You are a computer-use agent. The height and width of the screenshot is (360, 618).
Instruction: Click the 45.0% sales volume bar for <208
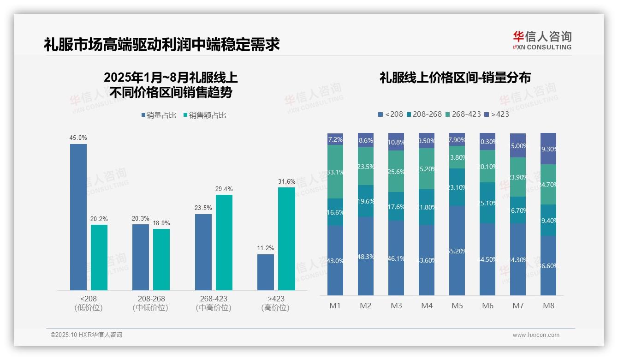click(x=78, y=217)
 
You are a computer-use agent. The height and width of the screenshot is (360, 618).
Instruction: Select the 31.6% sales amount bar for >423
click(x=286, y=239)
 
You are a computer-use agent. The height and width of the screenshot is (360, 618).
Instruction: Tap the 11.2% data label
click(x=266, y=248)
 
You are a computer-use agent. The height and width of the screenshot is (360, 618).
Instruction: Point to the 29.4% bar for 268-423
click(x=224, y=242)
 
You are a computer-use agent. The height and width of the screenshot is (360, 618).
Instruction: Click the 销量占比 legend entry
click(x=158, y=115)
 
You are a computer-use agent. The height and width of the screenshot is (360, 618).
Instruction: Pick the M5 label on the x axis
click(x=457, y=306)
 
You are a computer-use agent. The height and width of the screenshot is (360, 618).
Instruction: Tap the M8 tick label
click(x=548, y=306)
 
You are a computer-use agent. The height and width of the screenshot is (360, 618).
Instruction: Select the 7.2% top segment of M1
click(x=335, y=139)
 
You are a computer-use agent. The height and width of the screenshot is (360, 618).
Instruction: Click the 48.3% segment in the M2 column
click(x=366, y=256)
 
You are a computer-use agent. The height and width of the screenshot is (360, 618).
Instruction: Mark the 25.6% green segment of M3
click(x=396, y=171)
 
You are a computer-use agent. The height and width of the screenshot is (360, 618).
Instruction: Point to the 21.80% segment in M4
click(x=427, y=207)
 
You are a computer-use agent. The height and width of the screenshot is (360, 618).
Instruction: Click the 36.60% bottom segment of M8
click(x=548, y=266)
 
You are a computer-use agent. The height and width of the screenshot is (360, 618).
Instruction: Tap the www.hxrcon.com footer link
click(x=536, y=335)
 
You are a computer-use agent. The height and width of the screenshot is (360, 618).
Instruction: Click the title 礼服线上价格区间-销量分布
click(x=455, y=78)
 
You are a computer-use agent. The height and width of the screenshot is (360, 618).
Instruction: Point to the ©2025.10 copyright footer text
click(x=86, y=335)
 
